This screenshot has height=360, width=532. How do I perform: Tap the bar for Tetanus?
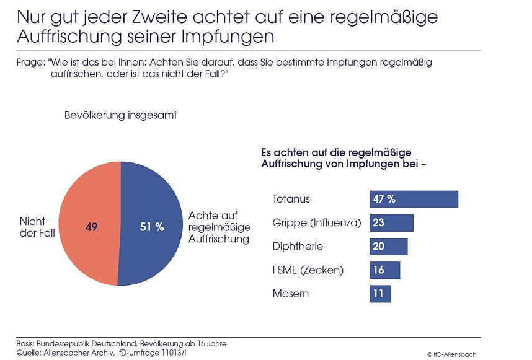tap(414, 200)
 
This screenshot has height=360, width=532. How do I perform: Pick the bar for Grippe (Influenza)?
tap(391, 223)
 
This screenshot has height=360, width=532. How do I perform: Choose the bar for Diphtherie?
tap(389, 247)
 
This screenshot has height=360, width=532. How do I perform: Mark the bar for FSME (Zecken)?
tap(385, 270)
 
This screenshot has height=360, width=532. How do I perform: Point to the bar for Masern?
tap(381, 294)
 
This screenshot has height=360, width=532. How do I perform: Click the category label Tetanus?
tap(291, 200)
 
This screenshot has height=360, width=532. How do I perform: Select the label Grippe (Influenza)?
tap(316, 223)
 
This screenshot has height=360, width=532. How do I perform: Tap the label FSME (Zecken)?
tap(308, 270)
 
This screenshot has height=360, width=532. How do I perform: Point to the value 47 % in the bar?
tap(384, 200)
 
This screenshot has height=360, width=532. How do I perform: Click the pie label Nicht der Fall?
tap(36, 227)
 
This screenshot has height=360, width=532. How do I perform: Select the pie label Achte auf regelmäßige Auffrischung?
tap(219, 227)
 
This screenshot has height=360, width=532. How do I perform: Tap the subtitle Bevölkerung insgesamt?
tap(121, 116)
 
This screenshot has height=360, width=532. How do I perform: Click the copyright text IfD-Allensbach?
tap(452, 354)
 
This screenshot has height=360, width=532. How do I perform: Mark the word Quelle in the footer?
tap(27, 352)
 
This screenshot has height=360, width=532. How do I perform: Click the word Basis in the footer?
tap(25, 343)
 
